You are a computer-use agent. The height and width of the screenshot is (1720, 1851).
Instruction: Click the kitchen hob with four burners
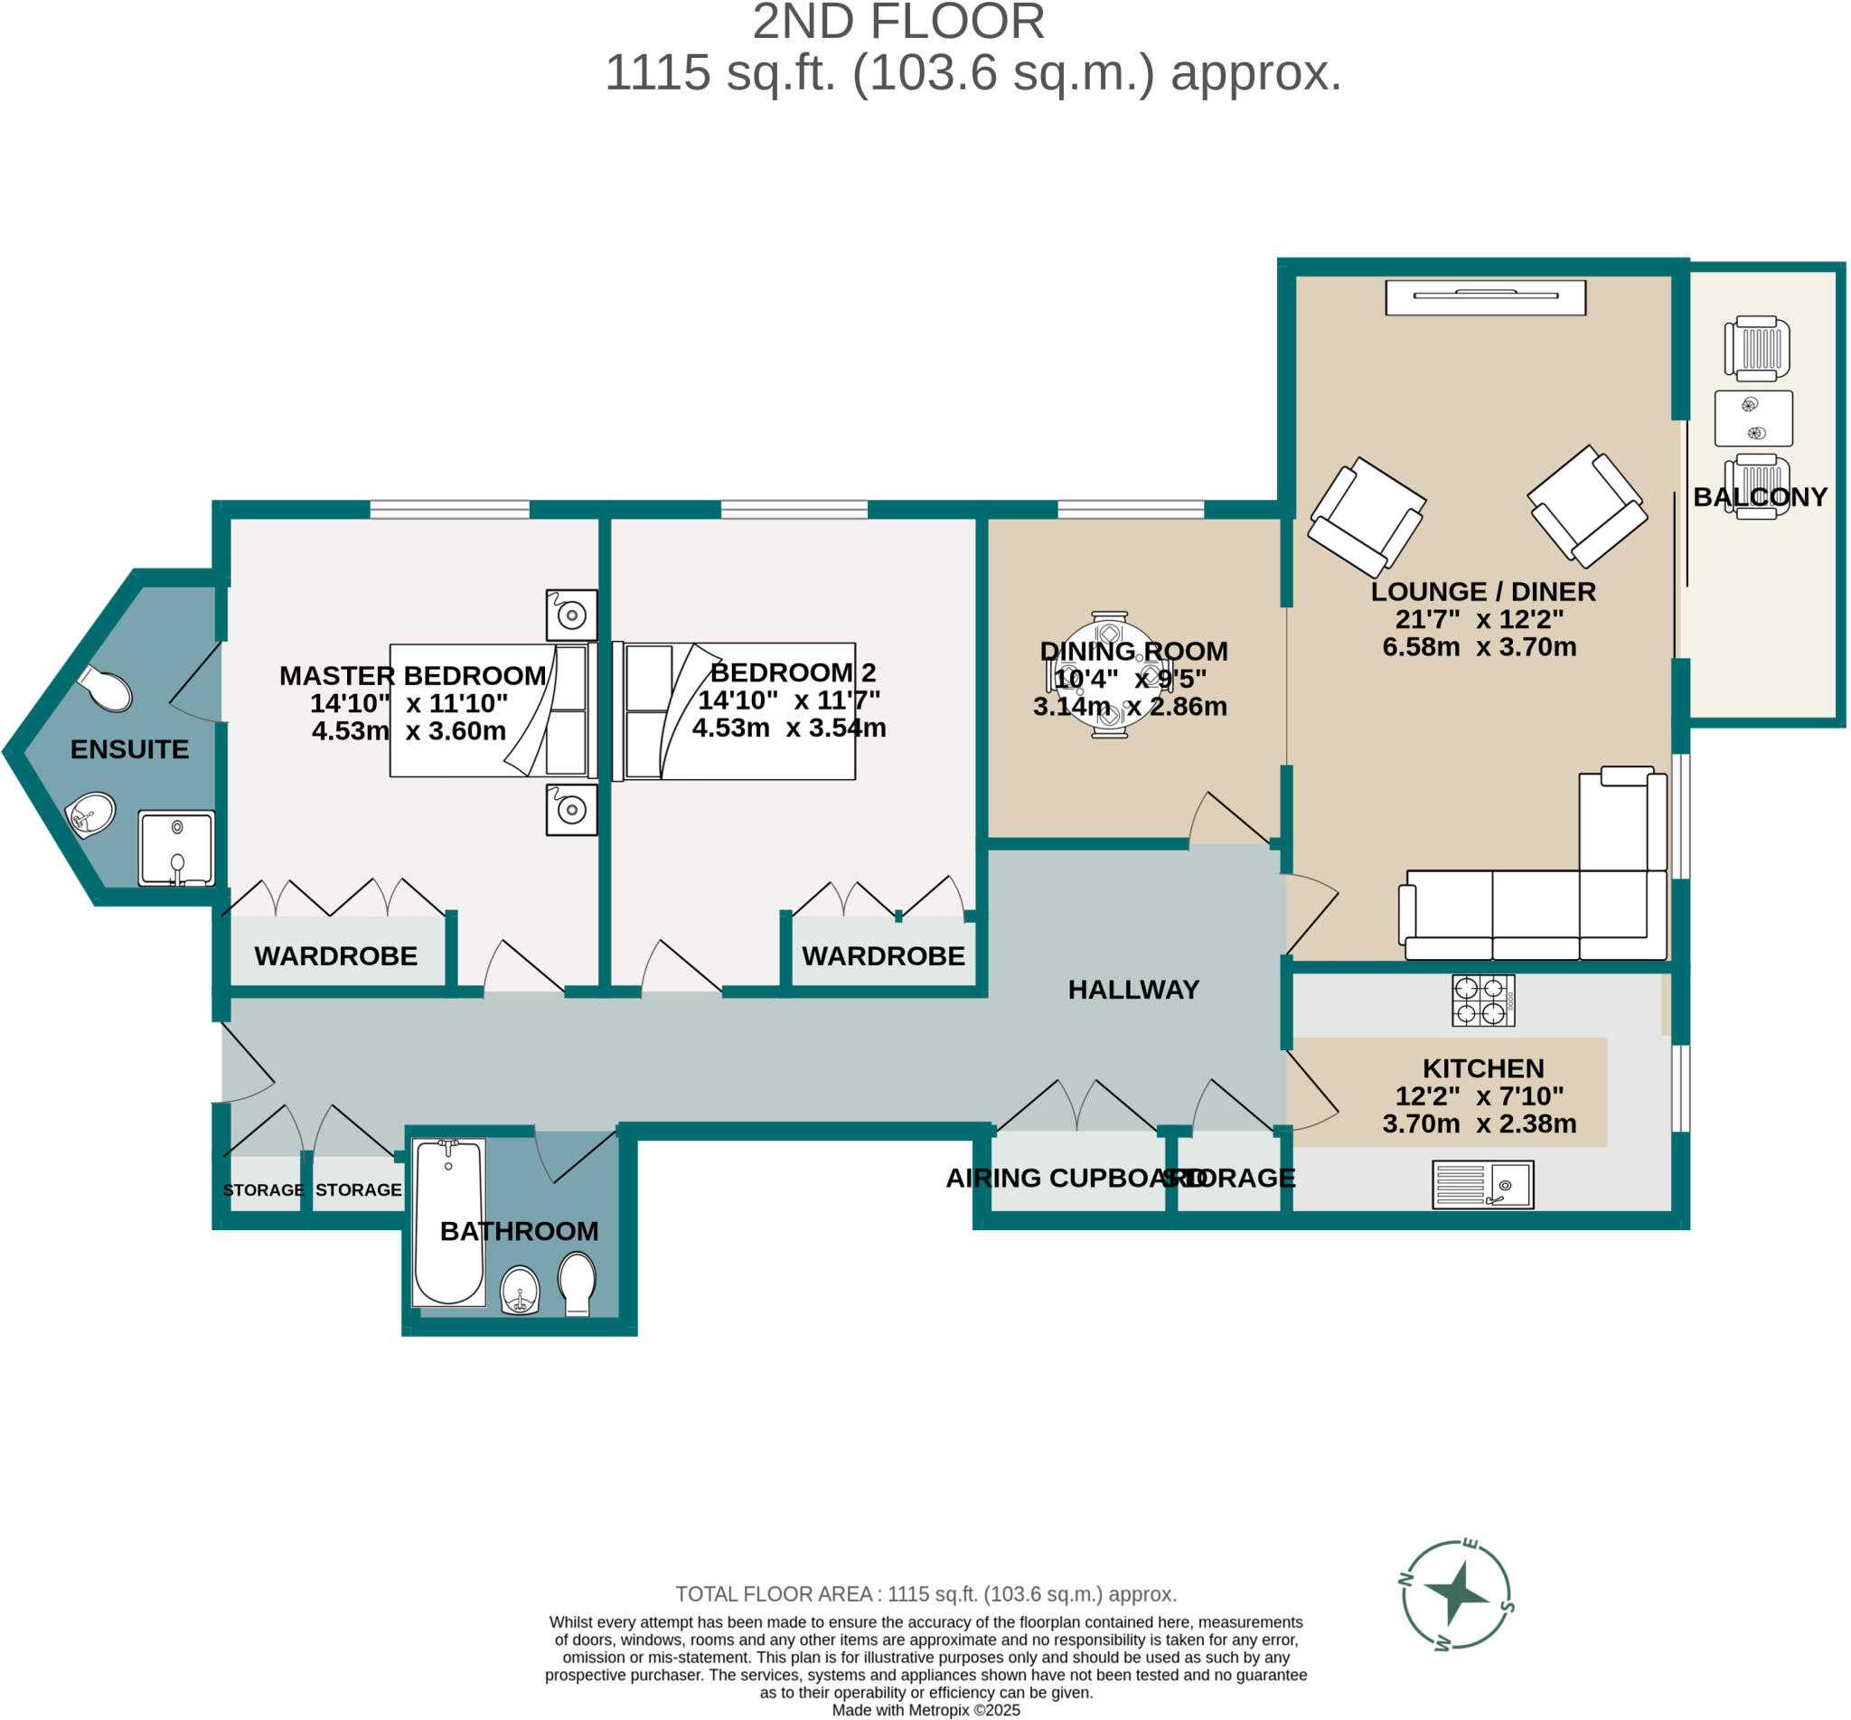(x=1482, y=1001)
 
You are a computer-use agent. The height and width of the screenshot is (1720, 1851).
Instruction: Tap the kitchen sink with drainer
(x=1482, y=1184)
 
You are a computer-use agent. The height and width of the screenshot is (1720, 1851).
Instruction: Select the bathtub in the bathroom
(x=448, y=1221)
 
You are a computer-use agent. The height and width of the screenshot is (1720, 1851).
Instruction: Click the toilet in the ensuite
(x=105, y=688)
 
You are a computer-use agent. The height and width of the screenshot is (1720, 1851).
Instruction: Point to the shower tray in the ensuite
(x=176, y=848)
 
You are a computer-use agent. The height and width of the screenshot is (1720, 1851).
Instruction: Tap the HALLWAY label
(x=1132, y=990)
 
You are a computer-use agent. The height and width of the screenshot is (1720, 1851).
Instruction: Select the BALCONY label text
(x=1759, y=497)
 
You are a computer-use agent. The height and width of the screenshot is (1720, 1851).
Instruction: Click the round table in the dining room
(x=1108, y=675)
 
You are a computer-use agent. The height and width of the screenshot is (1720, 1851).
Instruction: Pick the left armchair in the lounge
(x=1367, y=517)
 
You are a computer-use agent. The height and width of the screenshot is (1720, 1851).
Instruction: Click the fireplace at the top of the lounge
(x=1485, y=296)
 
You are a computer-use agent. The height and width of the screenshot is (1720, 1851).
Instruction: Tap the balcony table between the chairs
(x=1753, y=418)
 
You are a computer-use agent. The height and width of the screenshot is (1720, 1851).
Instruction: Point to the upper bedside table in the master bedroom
(x=571, y=615)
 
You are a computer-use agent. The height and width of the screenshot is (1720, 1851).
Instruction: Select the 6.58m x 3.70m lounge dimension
(x=1479, y=646)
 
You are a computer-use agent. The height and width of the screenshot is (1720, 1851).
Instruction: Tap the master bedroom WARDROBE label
(x=336, y=956)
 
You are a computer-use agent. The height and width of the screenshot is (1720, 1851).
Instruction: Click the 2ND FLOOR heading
(x=898, y=23)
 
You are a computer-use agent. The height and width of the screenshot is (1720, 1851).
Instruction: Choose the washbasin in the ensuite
(x=91, y=814)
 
